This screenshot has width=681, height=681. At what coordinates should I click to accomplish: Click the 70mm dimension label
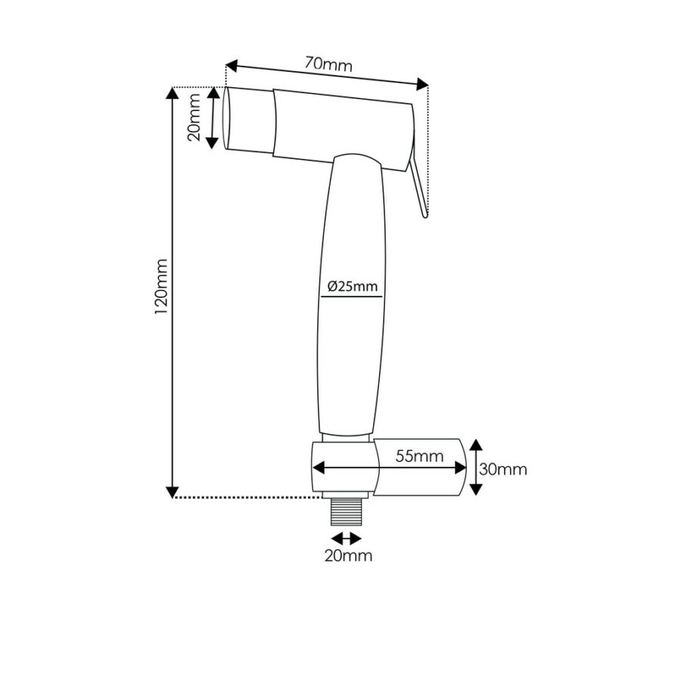pyautogui.click(x=328, y=64)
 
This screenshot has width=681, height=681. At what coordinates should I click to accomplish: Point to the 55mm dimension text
pyautogui.click(x=418, y=456)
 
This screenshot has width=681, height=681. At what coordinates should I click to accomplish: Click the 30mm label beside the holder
pyautogui.click(x=503, y=469)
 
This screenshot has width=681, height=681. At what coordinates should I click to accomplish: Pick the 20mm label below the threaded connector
pyautogui.click(x=347, y=556)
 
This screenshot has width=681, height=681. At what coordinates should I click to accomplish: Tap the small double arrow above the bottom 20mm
pyautogui.click(x=347, y=538)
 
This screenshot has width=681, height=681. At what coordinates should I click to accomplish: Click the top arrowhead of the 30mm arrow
pyautogui.click(x=475, y=445)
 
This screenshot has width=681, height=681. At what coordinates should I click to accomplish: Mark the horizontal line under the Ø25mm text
pyautogui.click(x=350, y=297)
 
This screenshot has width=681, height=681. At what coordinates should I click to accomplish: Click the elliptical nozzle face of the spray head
pyautogui.click(x=226, y=118)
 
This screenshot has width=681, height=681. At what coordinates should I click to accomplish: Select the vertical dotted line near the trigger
pyautogui.click(x=428, y=151)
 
